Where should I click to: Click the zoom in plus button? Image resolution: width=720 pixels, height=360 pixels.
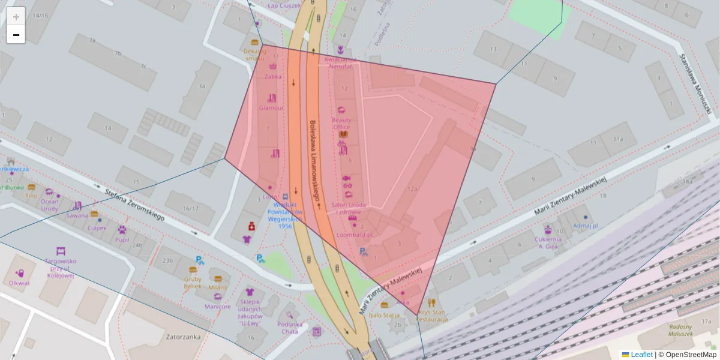(x=16, y=16)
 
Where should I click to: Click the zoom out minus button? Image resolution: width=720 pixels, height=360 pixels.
(x=16, y=35)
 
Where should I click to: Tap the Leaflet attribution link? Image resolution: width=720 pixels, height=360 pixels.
(x=641, y=355)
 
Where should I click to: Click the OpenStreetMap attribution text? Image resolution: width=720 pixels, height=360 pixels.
(x=691, y=355)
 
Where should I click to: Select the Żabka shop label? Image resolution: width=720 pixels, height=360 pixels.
(x=273, y=76)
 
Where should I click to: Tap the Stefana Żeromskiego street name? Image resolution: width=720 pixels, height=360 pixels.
(x=134, y=205)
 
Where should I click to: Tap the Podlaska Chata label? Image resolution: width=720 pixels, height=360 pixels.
(x=289, y=328)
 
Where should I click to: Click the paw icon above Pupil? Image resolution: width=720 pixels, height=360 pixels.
(x=122, y=229)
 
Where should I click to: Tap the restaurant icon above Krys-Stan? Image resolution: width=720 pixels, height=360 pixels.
(x=431, y=303)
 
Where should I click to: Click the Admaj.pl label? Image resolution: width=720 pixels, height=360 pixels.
(x=586, y=226)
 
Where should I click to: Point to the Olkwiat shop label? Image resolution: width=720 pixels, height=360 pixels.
(x=20, y=283)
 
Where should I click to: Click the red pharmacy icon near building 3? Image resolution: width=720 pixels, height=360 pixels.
(x=251, y=226)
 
